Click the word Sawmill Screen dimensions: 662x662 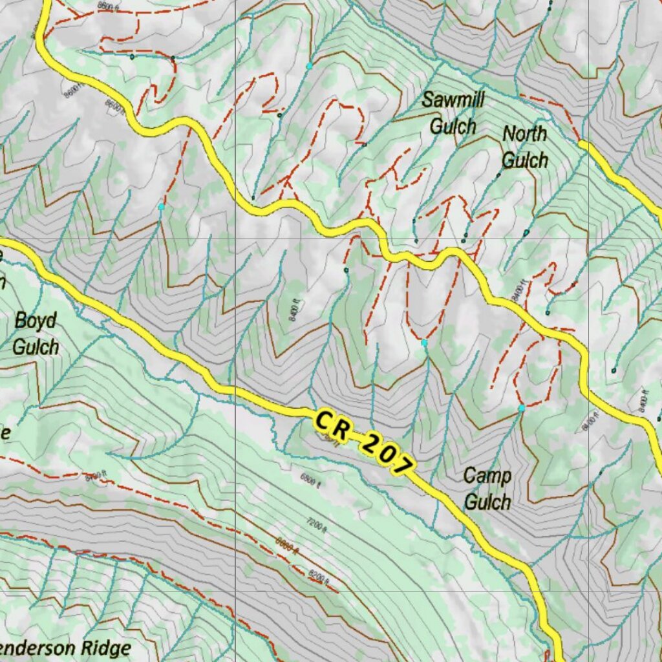coord(453,101)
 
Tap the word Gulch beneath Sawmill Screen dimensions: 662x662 coord(453,125)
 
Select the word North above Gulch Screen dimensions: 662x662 coord(524,134)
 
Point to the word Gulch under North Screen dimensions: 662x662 coord(524,159)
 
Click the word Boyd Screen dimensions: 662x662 coord(36,321)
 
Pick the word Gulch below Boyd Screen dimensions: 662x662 coord(36,346)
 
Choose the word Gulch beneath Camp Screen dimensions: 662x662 coord(487,502)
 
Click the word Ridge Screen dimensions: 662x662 coord(107,648)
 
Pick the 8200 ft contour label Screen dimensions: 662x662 coord(319,573)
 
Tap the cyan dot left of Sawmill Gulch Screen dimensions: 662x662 coord(309,67)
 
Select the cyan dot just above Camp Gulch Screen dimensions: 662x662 coord(521,409)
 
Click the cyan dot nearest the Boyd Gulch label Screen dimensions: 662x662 coord(161,206)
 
